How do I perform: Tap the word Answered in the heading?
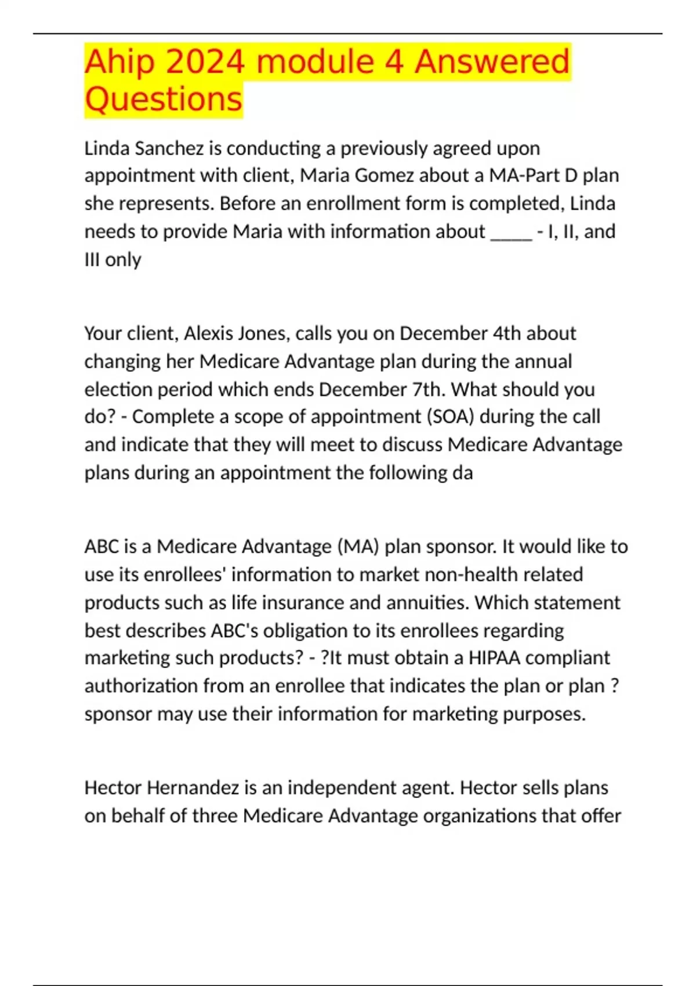[x=492, y=62]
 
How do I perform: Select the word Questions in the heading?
[x=163, y=99]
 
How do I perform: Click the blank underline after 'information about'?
[x=511, y=232]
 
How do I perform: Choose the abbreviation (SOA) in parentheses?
[x=451, y=417]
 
